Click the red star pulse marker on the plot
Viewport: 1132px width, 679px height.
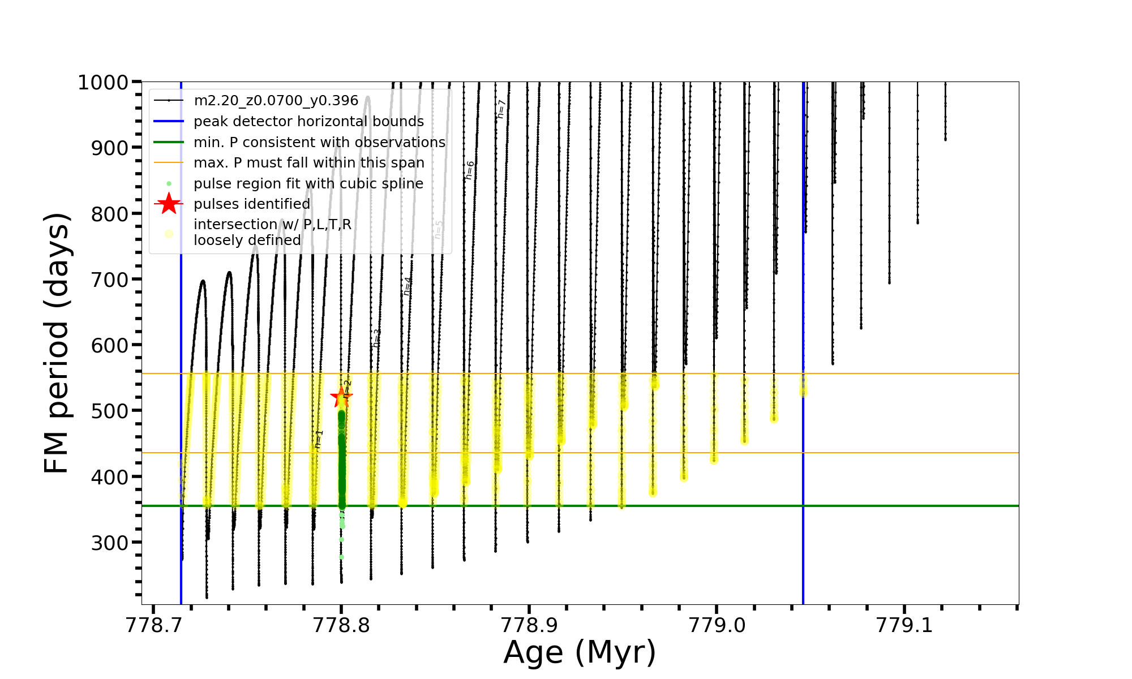341,397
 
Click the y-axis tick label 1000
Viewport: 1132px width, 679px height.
103,83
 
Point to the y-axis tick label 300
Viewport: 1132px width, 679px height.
110,543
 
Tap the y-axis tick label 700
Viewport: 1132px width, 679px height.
110,280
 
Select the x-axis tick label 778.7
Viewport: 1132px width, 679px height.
153,626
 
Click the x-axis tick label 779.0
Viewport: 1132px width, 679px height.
717,626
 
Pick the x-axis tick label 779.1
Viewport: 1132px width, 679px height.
904,626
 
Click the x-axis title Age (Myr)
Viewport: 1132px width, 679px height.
580,652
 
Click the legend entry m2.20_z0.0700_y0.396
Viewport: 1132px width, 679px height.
276,101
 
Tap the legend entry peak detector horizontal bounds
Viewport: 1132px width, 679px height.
308,122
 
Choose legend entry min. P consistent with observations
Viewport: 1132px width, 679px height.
319,143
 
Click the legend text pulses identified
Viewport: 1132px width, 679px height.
252,204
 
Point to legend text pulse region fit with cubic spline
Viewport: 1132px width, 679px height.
308,184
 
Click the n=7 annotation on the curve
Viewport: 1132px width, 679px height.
500,109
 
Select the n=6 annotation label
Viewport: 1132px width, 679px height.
470,170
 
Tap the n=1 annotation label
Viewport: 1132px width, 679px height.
319,439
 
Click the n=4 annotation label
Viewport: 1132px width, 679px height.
408,286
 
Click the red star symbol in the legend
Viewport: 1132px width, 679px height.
169,204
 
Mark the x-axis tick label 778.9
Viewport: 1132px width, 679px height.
529,626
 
